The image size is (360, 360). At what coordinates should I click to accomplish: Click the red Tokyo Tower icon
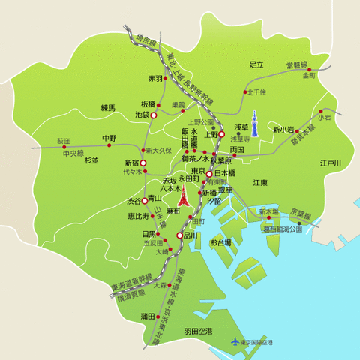[x=182, y=198]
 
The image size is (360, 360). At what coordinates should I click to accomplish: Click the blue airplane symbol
[x=235, y=342]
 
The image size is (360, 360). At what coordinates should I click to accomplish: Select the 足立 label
[x=257, y=64]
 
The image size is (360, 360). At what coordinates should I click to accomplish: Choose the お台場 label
[x=220, y=243]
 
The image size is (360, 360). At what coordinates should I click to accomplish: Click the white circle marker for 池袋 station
[x=154, y=116]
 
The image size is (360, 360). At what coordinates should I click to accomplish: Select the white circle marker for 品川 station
[x=179, y=235]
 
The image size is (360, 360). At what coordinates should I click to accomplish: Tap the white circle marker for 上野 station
[x=221, y=136]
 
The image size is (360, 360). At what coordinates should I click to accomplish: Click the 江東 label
[x=260, y=182]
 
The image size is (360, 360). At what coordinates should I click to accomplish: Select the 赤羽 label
[x=155, y=78]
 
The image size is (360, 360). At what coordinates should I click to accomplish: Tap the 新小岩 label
[x=284, y=130]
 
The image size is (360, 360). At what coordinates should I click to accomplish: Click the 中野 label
[x=109, y=138]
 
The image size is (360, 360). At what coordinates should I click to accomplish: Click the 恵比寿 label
[x=137, y=216]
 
